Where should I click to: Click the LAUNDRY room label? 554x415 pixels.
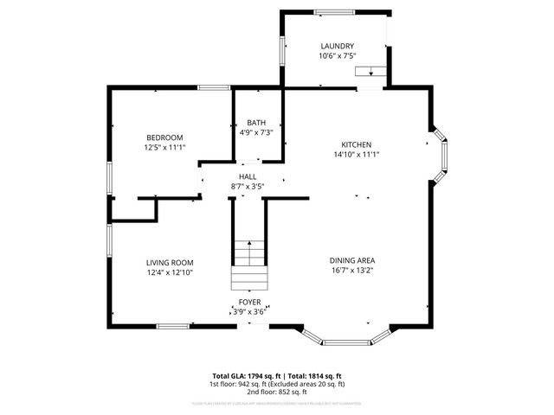click(x=337, y=47)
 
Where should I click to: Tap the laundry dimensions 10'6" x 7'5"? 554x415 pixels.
click(x=337, y=56)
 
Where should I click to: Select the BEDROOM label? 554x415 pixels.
click(x=164, y=137)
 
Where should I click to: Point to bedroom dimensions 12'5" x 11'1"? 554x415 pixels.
click(x=164, y=148)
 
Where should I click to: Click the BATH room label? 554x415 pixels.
click(x=256, y=123)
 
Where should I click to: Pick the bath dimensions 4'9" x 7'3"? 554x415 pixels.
click(x=256, y=132)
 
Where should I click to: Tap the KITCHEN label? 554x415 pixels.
click(x=356, y=144)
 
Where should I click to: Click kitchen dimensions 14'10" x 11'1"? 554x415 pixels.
click(x=356, y=154)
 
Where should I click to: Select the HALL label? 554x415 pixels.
click(x=248, y=176)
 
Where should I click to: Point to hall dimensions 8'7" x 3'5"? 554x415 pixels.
click(x=248, y=186)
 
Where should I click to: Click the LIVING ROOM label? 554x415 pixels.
click(x=169, y=262)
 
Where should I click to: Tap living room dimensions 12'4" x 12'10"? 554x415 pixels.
click(x=169, y=272)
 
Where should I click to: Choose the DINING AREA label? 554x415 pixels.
click(x=351, y=260)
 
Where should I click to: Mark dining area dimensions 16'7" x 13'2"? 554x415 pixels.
click(x=351, y=270)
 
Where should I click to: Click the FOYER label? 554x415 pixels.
click(x=249, y=303)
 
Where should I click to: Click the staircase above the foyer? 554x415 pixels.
click(x=248, y=264)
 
